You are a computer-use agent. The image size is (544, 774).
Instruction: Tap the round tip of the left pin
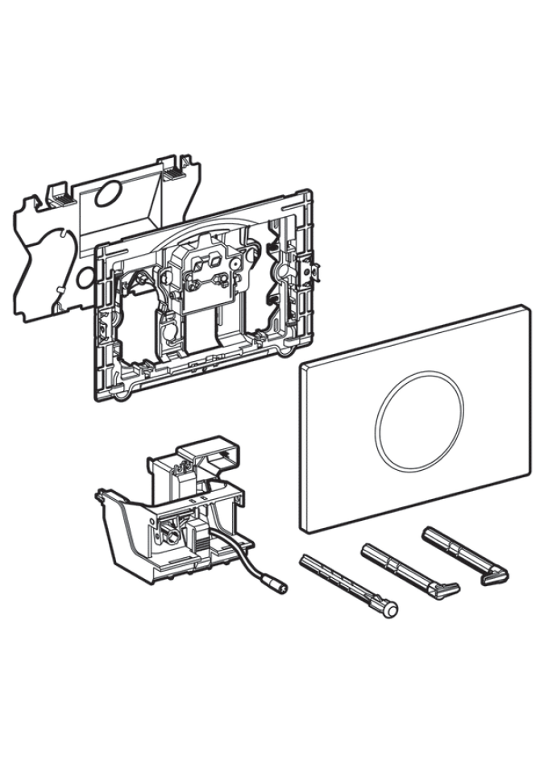(x=391, y=611)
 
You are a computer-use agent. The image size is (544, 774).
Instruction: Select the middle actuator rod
(x=407, y=571)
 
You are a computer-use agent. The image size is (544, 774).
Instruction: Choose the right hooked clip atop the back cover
(x=172, y=170)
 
